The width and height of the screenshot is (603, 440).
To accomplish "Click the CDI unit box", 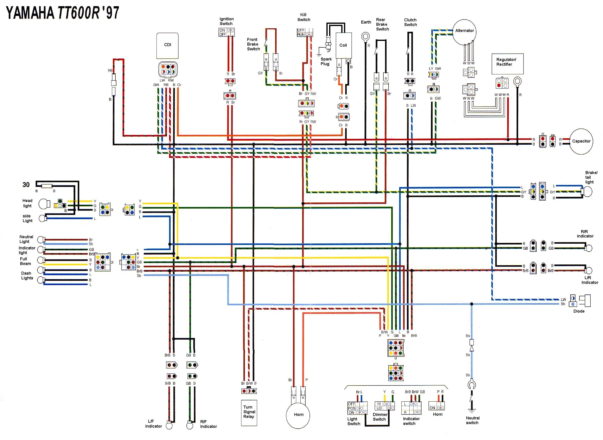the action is (167, 46).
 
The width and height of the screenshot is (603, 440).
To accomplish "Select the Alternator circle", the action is (464, 32).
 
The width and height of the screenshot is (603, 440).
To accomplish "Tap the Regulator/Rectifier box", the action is (507, 64).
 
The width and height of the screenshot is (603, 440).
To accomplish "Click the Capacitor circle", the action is (581, 142).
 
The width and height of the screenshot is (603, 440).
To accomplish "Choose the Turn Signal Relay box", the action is (249, 412).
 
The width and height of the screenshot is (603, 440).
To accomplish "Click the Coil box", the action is (343, 46).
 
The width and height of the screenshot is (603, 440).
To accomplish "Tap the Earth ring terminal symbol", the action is (366, 36).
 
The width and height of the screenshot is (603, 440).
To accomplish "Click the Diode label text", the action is (579, 311).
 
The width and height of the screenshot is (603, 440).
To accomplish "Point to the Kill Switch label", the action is (303, 17).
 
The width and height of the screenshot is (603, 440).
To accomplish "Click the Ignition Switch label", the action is (226, 21).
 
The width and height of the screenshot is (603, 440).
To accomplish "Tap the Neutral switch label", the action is (472, 420).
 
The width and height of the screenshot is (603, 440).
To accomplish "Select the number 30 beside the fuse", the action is (26, 185).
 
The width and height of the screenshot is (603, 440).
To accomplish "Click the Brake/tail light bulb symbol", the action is (587, 192).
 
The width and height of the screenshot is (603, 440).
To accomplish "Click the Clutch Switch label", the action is (410, 22).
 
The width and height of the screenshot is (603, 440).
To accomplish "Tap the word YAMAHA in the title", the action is (30, 13).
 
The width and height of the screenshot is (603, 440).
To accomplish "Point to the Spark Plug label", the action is (326, 61).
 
